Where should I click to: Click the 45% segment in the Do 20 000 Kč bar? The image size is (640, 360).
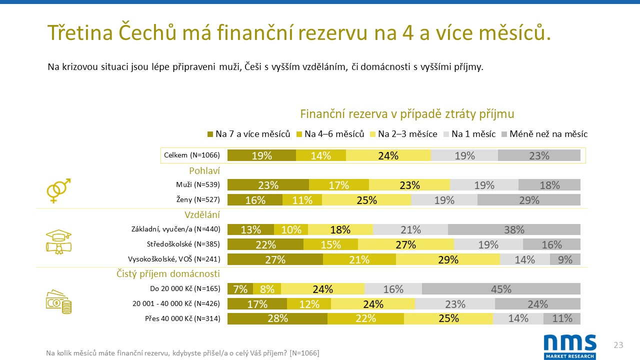tap(501, 289)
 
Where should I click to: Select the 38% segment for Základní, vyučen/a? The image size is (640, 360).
tap(514, 229)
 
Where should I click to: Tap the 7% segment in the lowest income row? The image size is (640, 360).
tap(240, 289)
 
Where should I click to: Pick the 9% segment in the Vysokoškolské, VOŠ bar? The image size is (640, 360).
tap(565, 259)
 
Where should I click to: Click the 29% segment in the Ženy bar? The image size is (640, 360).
tap(529, 200)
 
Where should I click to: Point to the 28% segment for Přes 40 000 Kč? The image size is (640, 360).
tap(277, 318)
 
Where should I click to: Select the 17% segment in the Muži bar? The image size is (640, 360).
tap(338, 185)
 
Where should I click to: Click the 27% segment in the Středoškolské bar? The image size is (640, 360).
tap(405, 244)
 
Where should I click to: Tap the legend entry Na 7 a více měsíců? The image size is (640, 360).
tap(248, 134)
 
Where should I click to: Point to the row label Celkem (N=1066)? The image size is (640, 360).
tap(192, 155)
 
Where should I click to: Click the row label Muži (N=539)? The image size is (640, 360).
tap(198, 185)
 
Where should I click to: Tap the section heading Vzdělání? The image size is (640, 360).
tap(202, 215)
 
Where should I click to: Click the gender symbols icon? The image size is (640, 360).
tap(58, 190)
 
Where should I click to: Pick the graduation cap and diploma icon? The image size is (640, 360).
tap(58, 242)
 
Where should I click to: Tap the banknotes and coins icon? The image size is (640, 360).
tap(58, 301)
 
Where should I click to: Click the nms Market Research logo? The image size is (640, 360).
tap(569, 346)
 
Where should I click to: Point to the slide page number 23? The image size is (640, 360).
tap(618, 345)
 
